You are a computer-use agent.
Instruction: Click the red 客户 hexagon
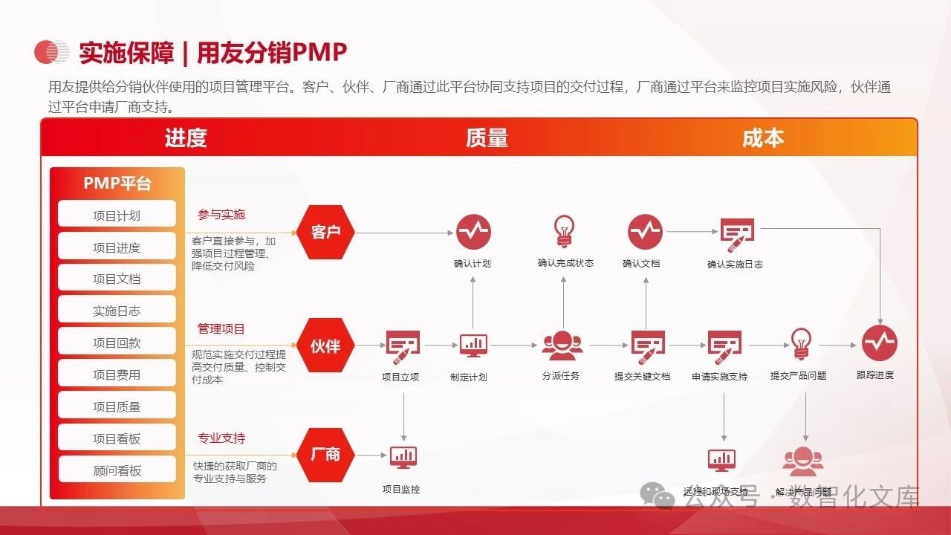(325, 232)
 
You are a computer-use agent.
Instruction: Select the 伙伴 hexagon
(325, 346)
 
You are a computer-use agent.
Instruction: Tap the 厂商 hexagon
(325, 455)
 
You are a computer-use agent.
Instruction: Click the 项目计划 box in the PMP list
(117, 215)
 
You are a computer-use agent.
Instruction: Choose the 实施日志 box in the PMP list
(117, 311)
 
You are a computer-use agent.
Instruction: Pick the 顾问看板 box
(117, 470)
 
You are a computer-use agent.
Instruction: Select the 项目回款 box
(117, 343)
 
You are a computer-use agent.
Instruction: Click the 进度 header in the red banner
(186, 138)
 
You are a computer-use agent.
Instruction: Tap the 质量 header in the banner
(487, 138)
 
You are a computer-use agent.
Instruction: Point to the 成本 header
(763, 138)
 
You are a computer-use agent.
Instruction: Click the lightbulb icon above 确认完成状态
(565, 230)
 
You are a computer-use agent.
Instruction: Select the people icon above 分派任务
(562, 345)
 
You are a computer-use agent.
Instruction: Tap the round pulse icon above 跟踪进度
(880, 344)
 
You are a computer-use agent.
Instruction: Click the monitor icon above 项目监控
(403, 456)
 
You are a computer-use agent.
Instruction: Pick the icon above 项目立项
(403, 345)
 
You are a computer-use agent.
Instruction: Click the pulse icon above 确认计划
(473, 232)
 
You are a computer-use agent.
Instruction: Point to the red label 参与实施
(221, 215)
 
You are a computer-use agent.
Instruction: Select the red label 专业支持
(221, 438)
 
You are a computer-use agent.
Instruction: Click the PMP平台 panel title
(117, 184)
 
